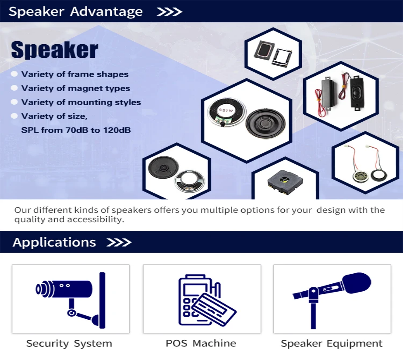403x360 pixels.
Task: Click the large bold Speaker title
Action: pyautogui.click(x=54, y=50)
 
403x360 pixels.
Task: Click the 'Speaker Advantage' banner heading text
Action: pyautogui.click(x=75, y=12)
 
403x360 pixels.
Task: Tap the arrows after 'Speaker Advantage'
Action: pyautogui.click(x=169, y=12)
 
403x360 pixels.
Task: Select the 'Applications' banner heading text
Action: pyautogui.click(x=54, y=242)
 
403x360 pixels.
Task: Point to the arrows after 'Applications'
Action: pyautogui.click(x=119, y=242)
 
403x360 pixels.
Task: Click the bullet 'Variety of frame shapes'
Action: pyautogui.click(x=75, y=74)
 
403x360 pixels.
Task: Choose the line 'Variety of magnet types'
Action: pyautogui.click(x=76, y=88)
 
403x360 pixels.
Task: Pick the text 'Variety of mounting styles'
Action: pyautogui.click(x=81, y=102)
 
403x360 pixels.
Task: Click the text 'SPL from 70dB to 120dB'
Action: pyautogui.click(x=76, y=130)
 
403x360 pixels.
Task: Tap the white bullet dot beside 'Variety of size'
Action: pyautogui.click(x=14, y=116)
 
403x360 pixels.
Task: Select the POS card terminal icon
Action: pyautogui.click(x=201, y=300)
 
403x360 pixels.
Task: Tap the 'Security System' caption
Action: pyautogui.click(x=69, y=343)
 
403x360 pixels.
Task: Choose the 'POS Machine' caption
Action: pyautogui.click(x=201, y=343)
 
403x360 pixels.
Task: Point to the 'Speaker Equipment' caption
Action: pyautogui.click(x=332, y=343)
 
